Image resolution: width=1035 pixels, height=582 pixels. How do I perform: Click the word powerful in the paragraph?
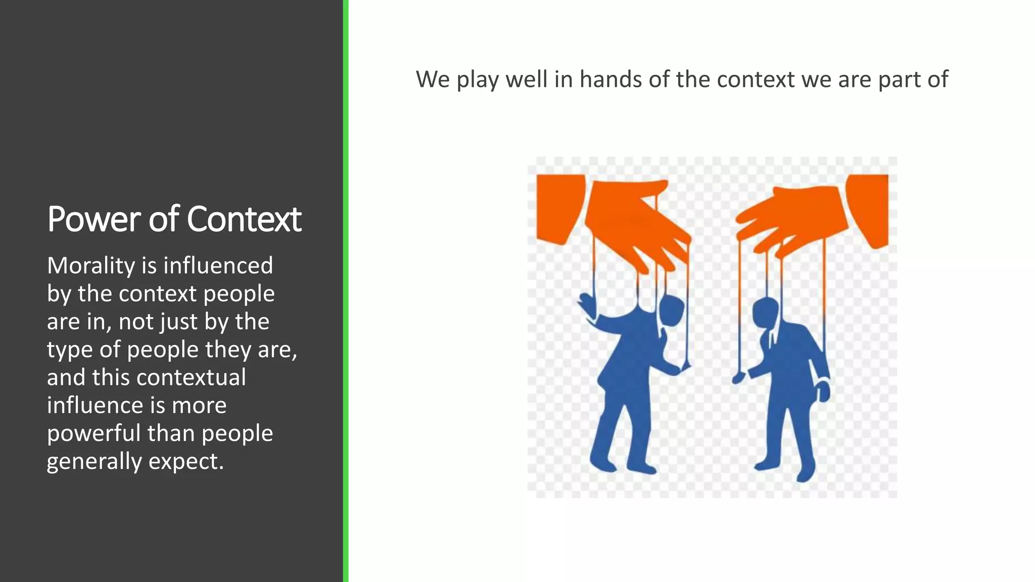(x=93, y=433)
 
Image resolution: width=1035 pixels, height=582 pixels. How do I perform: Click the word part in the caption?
(x=899, y=80)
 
